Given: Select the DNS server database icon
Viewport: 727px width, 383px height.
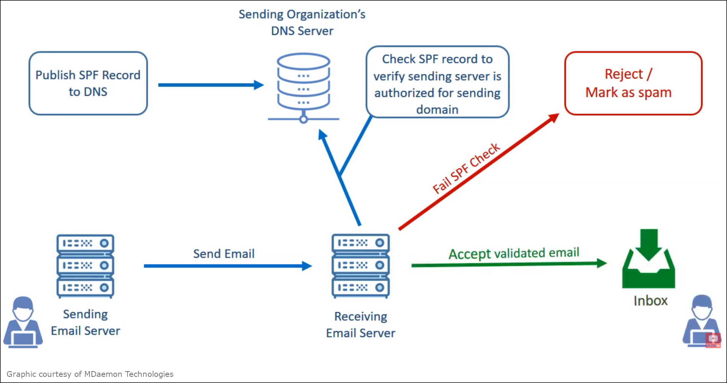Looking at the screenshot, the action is click(x=304, y=88).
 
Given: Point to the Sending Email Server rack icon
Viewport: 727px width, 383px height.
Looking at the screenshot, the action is click(x=85, y=266).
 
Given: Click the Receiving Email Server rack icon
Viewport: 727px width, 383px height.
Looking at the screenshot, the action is click(x=361, y=266).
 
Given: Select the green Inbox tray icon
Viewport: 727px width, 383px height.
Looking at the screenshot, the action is click(x=649, y=259).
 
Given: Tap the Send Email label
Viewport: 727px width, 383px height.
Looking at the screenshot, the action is click(x=224, y=254).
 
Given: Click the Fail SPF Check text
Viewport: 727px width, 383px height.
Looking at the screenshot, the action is click(x=466, y=168).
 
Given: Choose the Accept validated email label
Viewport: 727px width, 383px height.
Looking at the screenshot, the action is click(x=514, y=253).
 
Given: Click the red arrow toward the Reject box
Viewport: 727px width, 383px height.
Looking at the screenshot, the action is click(x=479, y=171).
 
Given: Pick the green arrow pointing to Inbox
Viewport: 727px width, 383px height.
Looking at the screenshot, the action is click(x=509, y=264).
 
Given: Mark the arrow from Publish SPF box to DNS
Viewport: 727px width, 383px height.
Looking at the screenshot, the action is click(x=211, y=85).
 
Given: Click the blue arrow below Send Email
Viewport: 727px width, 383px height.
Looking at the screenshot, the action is click(x=228, y=266).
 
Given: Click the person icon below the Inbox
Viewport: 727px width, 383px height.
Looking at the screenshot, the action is click(x=701, y=321).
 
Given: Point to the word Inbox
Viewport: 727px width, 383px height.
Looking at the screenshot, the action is click(x=650, y=301).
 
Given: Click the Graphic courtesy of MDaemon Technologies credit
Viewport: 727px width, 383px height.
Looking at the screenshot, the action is click(x=90, y=374).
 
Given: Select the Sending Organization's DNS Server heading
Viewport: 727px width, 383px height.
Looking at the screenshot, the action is click(x=302, y=23).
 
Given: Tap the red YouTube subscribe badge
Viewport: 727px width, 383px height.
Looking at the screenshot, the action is click(x=713, y=340).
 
